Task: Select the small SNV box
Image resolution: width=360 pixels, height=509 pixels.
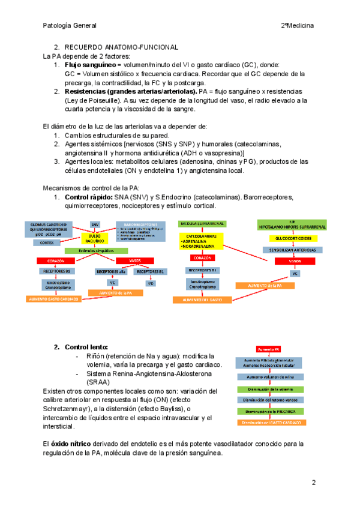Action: (x=95, y=224)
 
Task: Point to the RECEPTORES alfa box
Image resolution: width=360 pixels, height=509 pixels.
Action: (x=112, y=272)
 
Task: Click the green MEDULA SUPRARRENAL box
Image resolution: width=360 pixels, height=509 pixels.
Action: (x=202, y=223)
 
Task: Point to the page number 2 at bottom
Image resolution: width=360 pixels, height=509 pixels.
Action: (x=313, y=483)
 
